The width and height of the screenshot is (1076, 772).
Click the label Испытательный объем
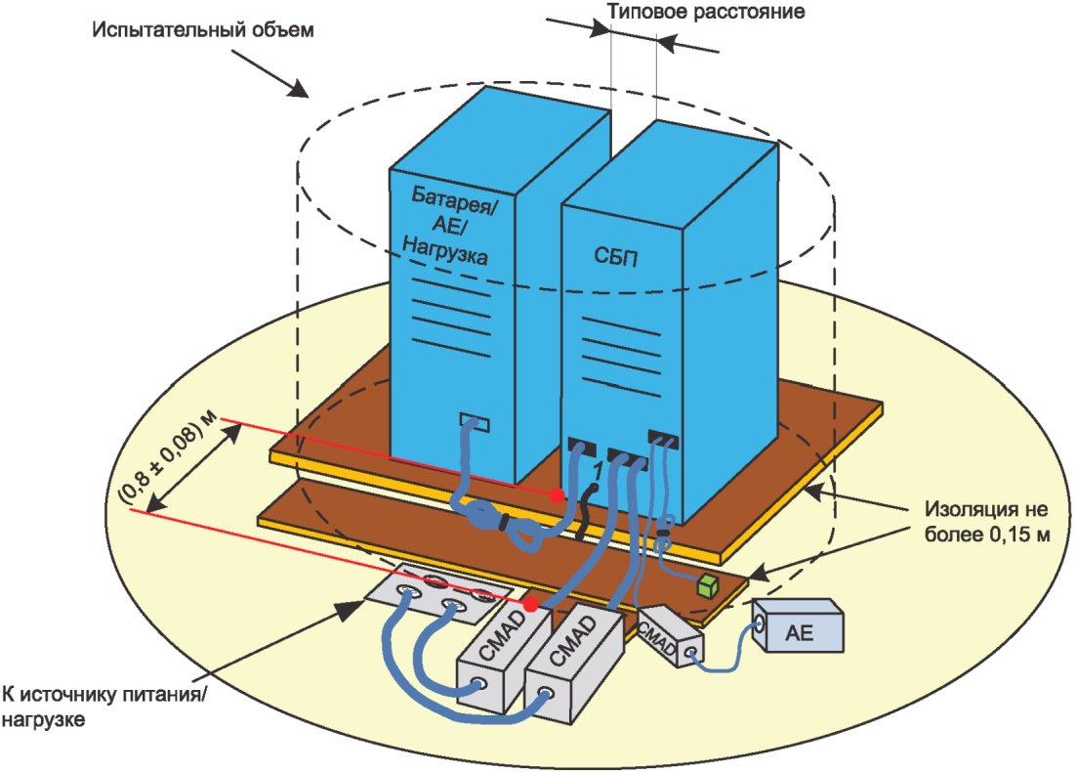click(x=204, y=28)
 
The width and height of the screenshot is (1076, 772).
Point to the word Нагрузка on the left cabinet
click(x=444, y=256)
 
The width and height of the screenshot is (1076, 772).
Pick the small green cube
click(x=706, y=586)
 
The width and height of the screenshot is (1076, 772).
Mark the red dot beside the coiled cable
click(x=557, y=495)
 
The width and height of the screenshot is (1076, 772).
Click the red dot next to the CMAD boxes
click(x=530, y=605)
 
